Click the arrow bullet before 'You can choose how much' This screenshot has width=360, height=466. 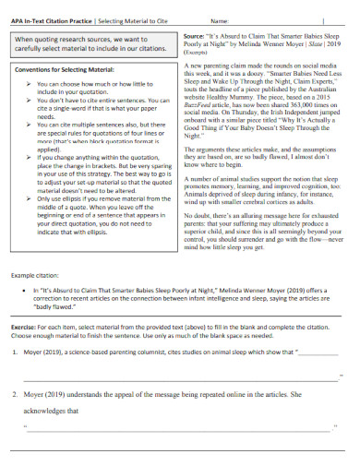tap(29, 83)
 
